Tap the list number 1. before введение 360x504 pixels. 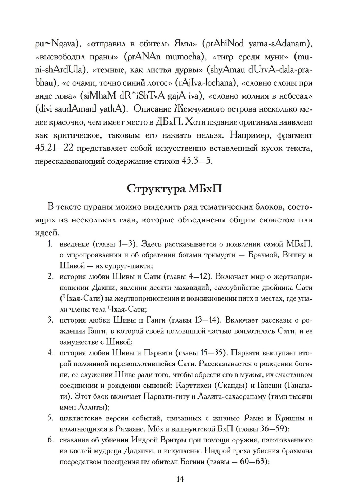tap(51, 244)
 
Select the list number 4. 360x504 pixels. tap(51, 352)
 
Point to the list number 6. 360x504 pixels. tap(51, 440)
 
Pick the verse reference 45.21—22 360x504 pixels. tap(54, 148)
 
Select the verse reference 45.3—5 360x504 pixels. tap(197, 161)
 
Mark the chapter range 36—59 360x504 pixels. tap(272, 429)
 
